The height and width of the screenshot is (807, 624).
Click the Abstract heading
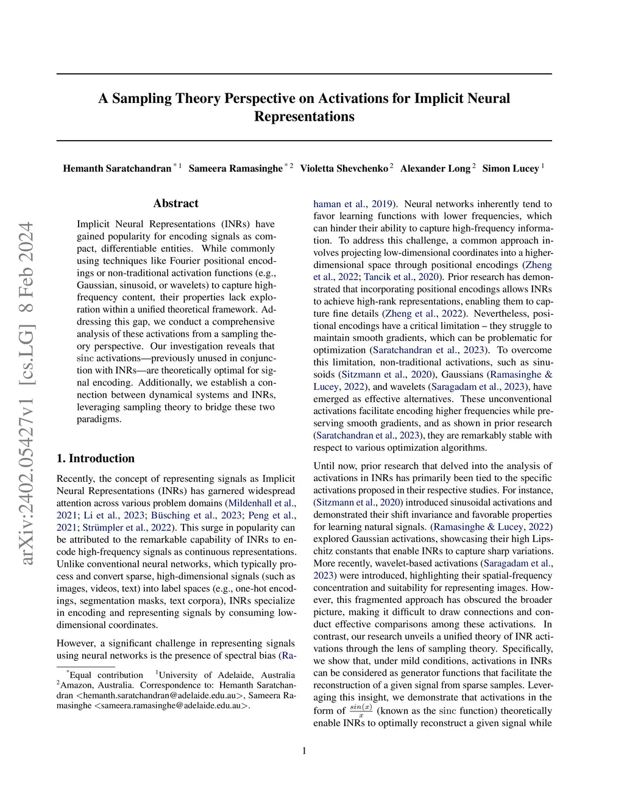coord(175,203)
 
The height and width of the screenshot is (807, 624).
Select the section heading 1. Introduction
coord(96,459)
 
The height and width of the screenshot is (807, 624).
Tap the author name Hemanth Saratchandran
coord(117,168)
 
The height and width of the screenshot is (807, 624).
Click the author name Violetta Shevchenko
coord(344,168)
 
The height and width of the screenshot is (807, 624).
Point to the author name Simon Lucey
coord(511,168)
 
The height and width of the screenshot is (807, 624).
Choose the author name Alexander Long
coord(435,168)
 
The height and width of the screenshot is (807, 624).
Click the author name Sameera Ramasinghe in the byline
coord(236,168)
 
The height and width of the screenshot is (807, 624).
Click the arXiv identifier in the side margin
coord(27,393)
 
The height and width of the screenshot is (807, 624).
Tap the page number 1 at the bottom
coord(304,750)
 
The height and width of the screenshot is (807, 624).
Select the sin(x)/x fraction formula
coord(361,710)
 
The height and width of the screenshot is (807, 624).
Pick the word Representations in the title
coord(304,117)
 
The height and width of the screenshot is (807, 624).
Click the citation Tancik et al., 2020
coord(403,277)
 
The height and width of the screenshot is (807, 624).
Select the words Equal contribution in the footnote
coord(106,675)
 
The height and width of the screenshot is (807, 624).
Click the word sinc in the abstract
coord(85,358)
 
